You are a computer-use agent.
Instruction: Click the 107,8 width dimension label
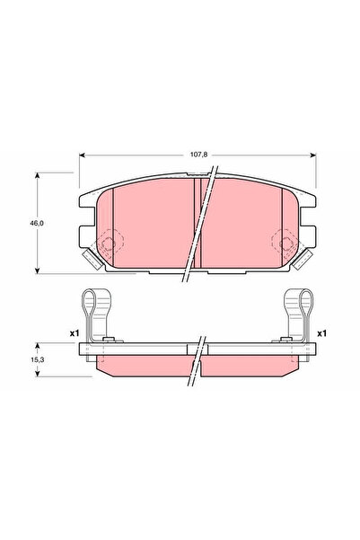tap(197, 155)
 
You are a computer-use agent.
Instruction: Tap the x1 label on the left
tap(75, 333)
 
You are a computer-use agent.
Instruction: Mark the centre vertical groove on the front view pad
tap(197, 225)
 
